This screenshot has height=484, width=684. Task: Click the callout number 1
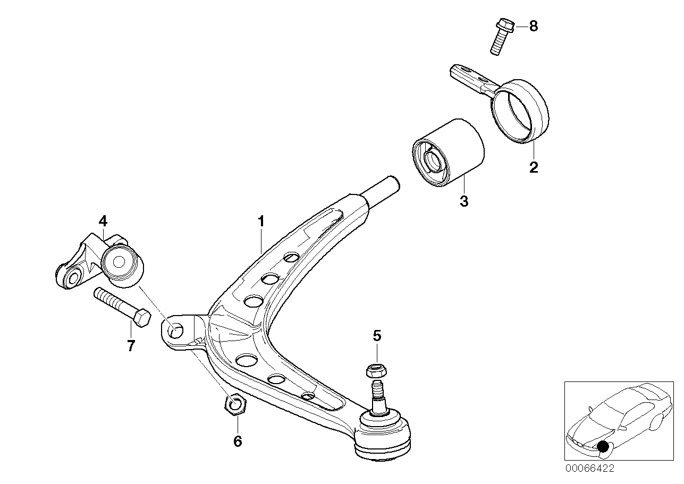click(x=261, y=221)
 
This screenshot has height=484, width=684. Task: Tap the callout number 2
click(x=534, y=167)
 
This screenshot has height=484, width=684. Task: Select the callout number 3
click(x=464, y=201)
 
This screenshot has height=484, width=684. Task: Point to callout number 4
click(x=102, y=220)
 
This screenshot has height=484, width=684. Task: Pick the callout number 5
click(x=376, y=335)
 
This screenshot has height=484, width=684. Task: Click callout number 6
click(x=238, y=441)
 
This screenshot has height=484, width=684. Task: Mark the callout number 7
click(x=131, y=346)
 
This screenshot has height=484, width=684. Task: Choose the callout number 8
click(x=533, y=27)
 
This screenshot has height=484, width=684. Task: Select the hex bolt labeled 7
click(x=122, y=308)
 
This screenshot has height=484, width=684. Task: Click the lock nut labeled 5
click(x=375, y=370)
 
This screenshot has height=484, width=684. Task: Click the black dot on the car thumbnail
click(x=603, y=446)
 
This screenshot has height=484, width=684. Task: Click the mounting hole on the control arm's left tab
click(x=175, y=331)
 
